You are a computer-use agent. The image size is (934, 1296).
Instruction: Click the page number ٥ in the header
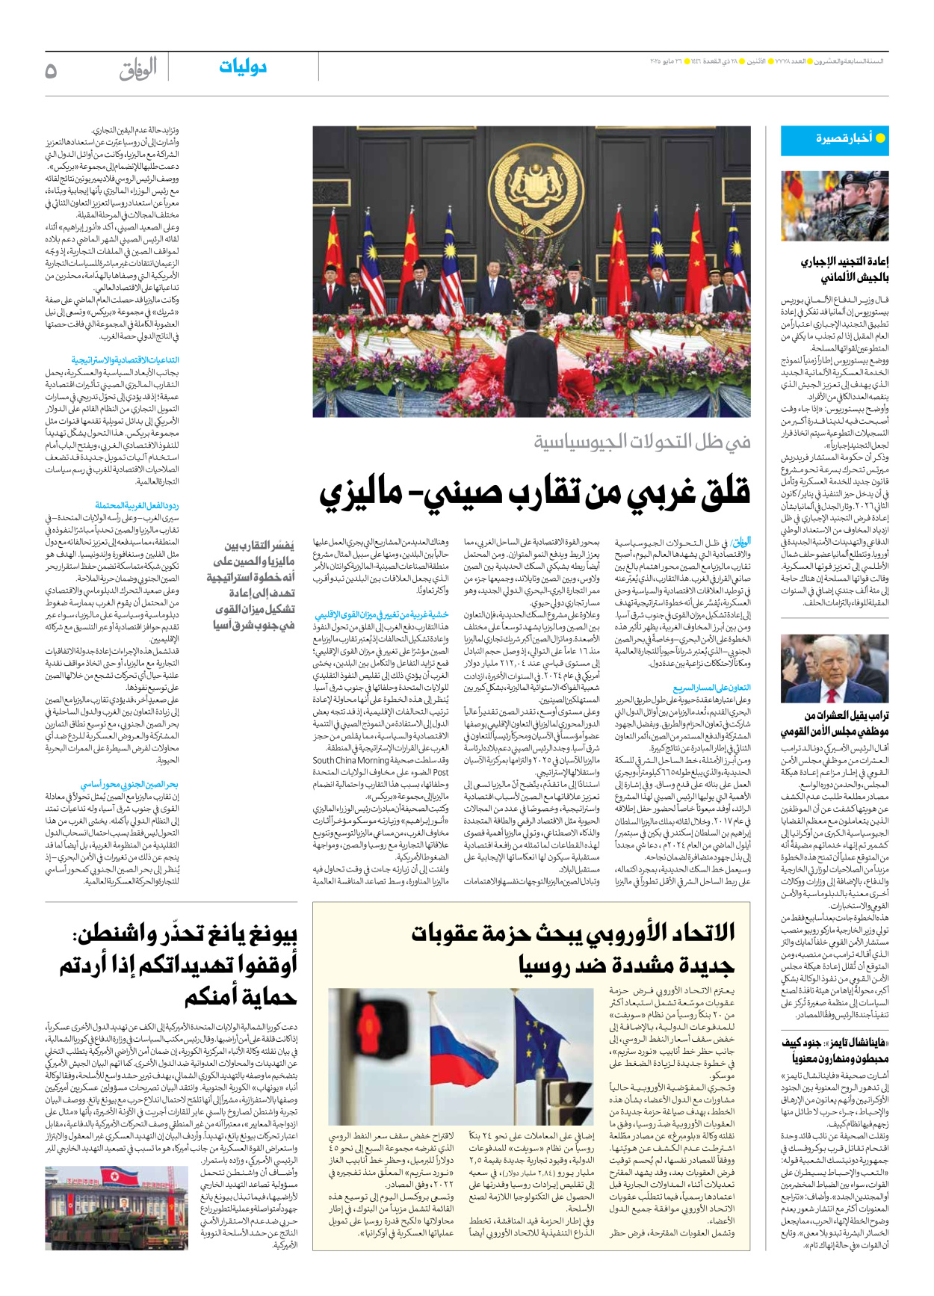(51, 71)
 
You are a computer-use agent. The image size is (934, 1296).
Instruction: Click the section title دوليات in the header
(243, 67)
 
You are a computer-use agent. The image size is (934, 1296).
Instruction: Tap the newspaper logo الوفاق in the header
(138, 70)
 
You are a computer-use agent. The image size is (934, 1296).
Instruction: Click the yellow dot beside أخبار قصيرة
(880, 138)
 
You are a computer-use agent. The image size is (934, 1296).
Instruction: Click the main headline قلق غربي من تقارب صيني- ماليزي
(535, 493)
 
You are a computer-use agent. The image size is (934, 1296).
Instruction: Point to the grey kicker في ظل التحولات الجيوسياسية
(642, 442)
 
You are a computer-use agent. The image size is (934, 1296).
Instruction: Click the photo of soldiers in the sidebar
(835, 206)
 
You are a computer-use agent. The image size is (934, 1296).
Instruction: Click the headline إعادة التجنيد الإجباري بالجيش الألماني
(844, 269)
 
